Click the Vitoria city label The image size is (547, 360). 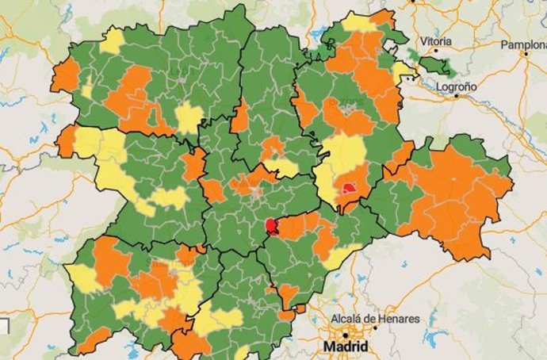pos(437,40)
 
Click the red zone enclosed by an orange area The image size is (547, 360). pos(350,189)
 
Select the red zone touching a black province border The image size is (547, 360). pos(272,228)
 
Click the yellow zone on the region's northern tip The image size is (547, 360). pos(358,22)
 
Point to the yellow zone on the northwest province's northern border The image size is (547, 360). pos(112,41)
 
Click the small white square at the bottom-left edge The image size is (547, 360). pos(3,325)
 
